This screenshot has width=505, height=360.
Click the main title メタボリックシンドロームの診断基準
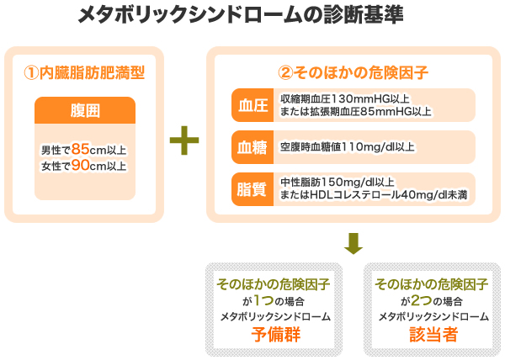pos(241,14)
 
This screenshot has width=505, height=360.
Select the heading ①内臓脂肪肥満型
pos(84,72)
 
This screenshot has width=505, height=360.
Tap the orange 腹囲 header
pos(85,110)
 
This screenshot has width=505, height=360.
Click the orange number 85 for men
pos(81,149)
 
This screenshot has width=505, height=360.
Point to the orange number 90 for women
pos(81,166)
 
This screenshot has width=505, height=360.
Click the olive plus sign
pos(184,140)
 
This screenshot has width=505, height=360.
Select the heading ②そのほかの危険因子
pos(353,72)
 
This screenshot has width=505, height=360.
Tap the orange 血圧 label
pos(252,105)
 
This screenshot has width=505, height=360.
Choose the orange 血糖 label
pos(252,147)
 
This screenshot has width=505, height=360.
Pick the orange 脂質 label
pos(252,189)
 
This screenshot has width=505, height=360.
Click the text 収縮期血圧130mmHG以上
pos(344,98)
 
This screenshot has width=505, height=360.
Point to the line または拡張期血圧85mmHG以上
pos(355,111)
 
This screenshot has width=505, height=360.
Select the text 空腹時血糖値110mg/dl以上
pos(347,147)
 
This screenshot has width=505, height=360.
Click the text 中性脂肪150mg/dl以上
pos(338,182)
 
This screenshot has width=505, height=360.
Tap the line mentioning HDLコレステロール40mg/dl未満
pos(374,194)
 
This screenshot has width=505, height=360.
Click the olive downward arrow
pos(353,244)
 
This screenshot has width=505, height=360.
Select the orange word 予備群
pos(276,334)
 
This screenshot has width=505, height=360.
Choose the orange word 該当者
pos(433,334)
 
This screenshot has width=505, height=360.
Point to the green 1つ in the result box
pos(263,300)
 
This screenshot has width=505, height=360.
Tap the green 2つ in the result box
pos(422,300)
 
